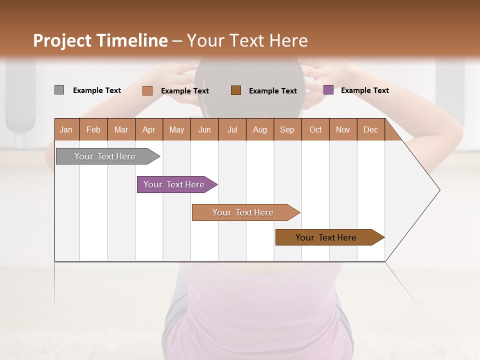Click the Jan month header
pyautogui.click(x=66, y=129)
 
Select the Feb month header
pyautogui.click(x=93, y=129)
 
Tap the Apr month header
pyautogui.click(x=148, y=129)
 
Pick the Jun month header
pyautogui.click(x=204, y=129)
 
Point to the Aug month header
pyautogui.click(x=259, y=129)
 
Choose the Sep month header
pyautogui.click(x=287, y=129)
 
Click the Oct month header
pyautogui.click(x=315, y=129)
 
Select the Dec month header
pyautogui.click(x=370, y=129)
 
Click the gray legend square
pyautogui.click(x=59, y=90)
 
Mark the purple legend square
pyautogui.click(x=328, y=90)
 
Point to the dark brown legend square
pyautogui.click(x=236, y=90)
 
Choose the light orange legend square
pyautogui.click(x=147, y=90)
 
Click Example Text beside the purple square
pyautogui.click(x=364, y=90)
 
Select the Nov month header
pyautogui.click(x=343, y=129)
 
